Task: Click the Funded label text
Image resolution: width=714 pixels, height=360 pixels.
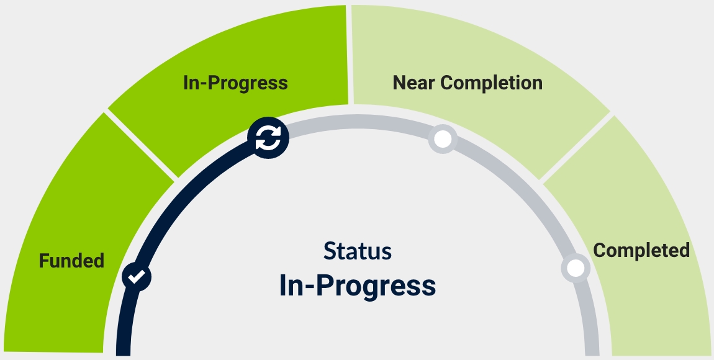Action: pos(71,261)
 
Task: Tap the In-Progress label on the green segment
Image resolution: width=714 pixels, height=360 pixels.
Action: pos(235,83)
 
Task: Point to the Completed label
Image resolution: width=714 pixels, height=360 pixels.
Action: pos(641,250)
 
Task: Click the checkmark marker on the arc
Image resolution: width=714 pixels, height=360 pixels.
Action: pos(136,276)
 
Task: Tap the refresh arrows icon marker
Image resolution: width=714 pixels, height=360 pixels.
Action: pos(268,138)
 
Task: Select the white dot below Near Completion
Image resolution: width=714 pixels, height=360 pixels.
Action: pos(443,139)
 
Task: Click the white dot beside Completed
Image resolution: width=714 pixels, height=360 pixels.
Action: pos(576,268)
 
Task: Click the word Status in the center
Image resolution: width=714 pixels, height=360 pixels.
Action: pos(358,251)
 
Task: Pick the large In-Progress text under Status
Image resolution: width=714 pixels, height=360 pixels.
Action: pos(358,286)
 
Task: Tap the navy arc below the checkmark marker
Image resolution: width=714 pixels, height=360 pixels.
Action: pos(124,323)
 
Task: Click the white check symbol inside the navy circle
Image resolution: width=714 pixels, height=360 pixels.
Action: pos(137,276)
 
